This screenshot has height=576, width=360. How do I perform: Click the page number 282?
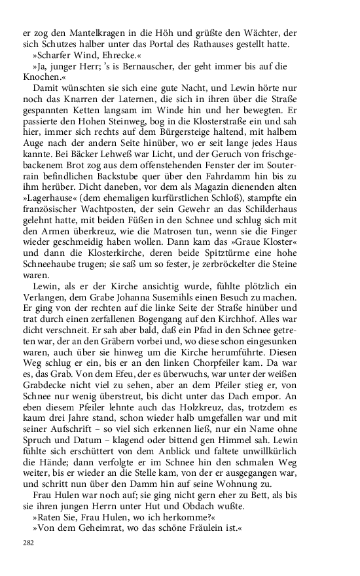[28, 543]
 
